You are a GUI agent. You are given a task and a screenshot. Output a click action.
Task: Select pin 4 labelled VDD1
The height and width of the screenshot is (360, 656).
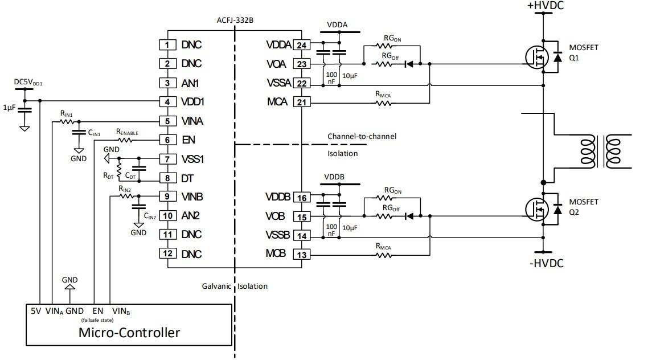click(x=167, y=102)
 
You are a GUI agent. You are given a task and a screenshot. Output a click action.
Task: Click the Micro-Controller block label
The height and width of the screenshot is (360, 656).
click(x=129, y=332)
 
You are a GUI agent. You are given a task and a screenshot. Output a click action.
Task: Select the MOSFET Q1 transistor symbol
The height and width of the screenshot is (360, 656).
click(x=536, y=56)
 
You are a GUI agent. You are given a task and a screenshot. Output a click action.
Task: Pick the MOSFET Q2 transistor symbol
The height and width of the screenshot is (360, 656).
click(x=536, y=208)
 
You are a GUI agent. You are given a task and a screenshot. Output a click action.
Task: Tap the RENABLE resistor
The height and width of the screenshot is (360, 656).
click(x=128, y=140)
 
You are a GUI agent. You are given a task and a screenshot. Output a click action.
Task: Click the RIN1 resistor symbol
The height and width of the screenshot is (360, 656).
click(x=66, y=121)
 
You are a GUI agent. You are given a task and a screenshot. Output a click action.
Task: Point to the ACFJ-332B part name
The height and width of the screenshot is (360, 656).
click(x=235, y=20)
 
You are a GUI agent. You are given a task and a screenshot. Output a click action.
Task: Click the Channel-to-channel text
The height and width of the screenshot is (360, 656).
click(x=362, y=136)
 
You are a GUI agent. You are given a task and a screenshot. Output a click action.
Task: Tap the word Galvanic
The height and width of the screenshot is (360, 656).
click(x=217, y=286)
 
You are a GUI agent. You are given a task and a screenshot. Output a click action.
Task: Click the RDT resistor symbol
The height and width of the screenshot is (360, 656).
click(x=119, y=169)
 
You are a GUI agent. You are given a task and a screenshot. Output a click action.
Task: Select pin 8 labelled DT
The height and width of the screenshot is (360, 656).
click(x=167, y=178)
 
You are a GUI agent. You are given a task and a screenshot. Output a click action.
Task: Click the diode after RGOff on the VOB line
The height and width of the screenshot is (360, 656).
click(x=408, y=216)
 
